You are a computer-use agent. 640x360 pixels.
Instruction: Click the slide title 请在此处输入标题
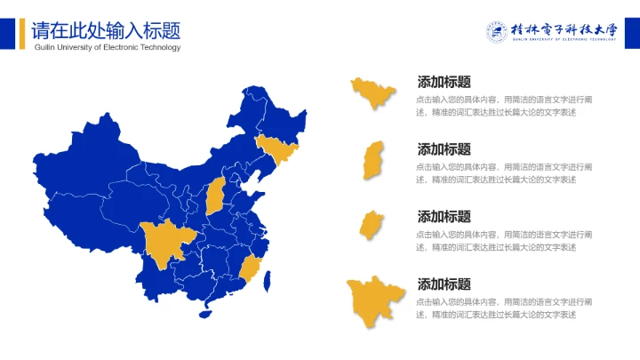(x=106, y=29)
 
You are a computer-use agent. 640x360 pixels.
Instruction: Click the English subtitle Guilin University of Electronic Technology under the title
(x=107, y=48)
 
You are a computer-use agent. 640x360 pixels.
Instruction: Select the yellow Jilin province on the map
(x=276, y=149)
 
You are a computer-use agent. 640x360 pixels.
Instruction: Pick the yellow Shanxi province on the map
(x=215, y=196)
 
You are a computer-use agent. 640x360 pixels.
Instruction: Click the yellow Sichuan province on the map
(x=163, y=243)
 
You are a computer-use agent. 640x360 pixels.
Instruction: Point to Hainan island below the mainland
(x=207, y=311)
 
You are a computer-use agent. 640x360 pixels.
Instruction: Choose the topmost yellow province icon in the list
(x=372, y=92)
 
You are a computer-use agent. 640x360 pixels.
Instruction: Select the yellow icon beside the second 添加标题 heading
(x=373, y=161)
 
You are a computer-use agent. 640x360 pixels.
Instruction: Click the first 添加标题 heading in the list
(x=444, y=82)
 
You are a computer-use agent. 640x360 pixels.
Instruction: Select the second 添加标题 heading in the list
(x=444, y=149)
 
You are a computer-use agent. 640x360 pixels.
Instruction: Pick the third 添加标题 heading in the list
(x=444, y=217)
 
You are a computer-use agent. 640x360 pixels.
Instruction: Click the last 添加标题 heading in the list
(x=444, y=284)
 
